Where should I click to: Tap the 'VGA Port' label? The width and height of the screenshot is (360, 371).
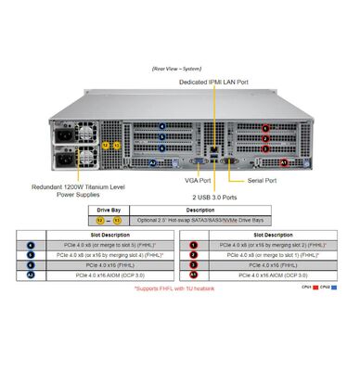coord(197,181)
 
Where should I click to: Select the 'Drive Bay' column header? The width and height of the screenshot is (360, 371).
coord(109,211)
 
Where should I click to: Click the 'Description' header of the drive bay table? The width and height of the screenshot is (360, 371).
coord(199,211)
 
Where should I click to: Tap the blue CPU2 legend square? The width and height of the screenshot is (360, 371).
coord(336,288)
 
